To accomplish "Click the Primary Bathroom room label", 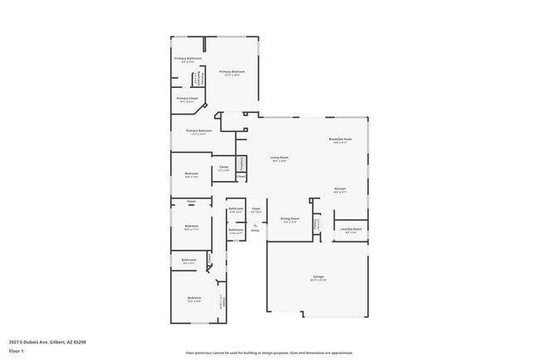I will [x=187, y=58].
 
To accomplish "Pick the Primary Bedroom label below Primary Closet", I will [x=199, y=130].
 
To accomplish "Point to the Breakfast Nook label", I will [x=341, y=139].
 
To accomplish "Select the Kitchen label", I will [x=340, y=189].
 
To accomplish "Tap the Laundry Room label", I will [x=351, y=229].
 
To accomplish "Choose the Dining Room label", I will [x=289, y=219].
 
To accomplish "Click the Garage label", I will [x=318, y=276].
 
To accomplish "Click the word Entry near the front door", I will [x=255, y=230].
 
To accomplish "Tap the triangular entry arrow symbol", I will [x=255, y=224].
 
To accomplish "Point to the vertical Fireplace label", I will [x=241, y=163].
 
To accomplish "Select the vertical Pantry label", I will [x=316, y=221].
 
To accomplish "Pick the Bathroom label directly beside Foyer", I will [x=236, y=208].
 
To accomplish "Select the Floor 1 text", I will [x=17, y=350].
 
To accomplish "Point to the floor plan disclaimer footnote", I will [x=269, y=353].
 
